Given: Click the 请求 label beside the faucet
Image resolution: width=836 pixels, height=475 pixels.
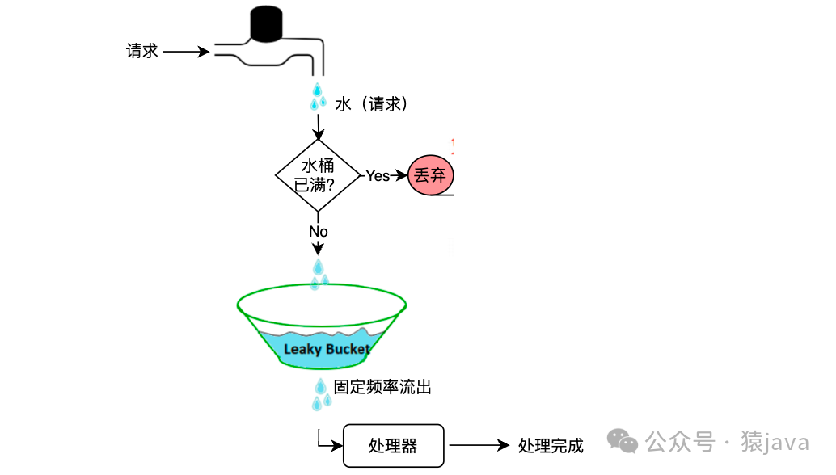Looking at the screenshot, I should (141, 51).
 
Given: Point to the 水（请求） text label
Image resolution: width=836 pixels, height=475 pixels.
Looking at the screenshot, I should (372, 104).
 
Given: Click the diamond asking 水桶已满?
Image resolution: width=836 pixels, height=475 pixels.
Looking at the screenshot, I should (318, 175).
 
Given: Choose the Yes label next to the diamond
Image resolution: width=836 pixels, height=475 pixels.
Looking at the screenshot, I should (378, 175).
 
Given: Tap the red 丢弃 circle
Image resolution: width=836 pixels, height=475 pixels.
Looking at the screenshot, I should (431, 175).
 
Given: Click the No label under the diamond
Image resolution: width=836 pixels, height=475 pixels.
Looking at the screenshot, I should (318, 232).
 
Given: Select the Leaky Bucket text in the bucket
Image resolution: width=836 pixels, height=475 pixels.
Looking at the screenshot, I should (327, 349).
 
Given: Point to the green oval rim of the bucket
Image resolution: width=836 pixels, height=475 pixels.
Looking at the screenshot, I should (321, 286).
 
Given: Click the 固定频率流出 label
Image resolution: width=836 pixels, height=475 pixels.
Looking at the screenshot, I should (382, 388).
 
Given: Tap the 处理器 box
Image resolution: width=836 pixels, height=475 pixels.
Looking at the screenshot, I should (393, 445).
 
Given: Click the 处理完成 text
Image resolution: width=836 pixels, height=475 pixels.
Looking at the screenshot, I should (551, 445).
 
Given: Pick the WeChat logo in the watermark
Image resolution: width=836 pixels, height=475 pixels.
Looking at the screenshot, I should (623, 441).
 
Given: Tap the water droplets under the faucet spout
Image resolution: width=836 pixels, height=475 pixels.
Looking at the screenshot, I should (318, 96).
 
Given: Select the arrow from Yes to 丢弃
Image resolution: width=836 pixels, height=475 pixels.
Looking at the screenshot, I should (399, 175).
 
